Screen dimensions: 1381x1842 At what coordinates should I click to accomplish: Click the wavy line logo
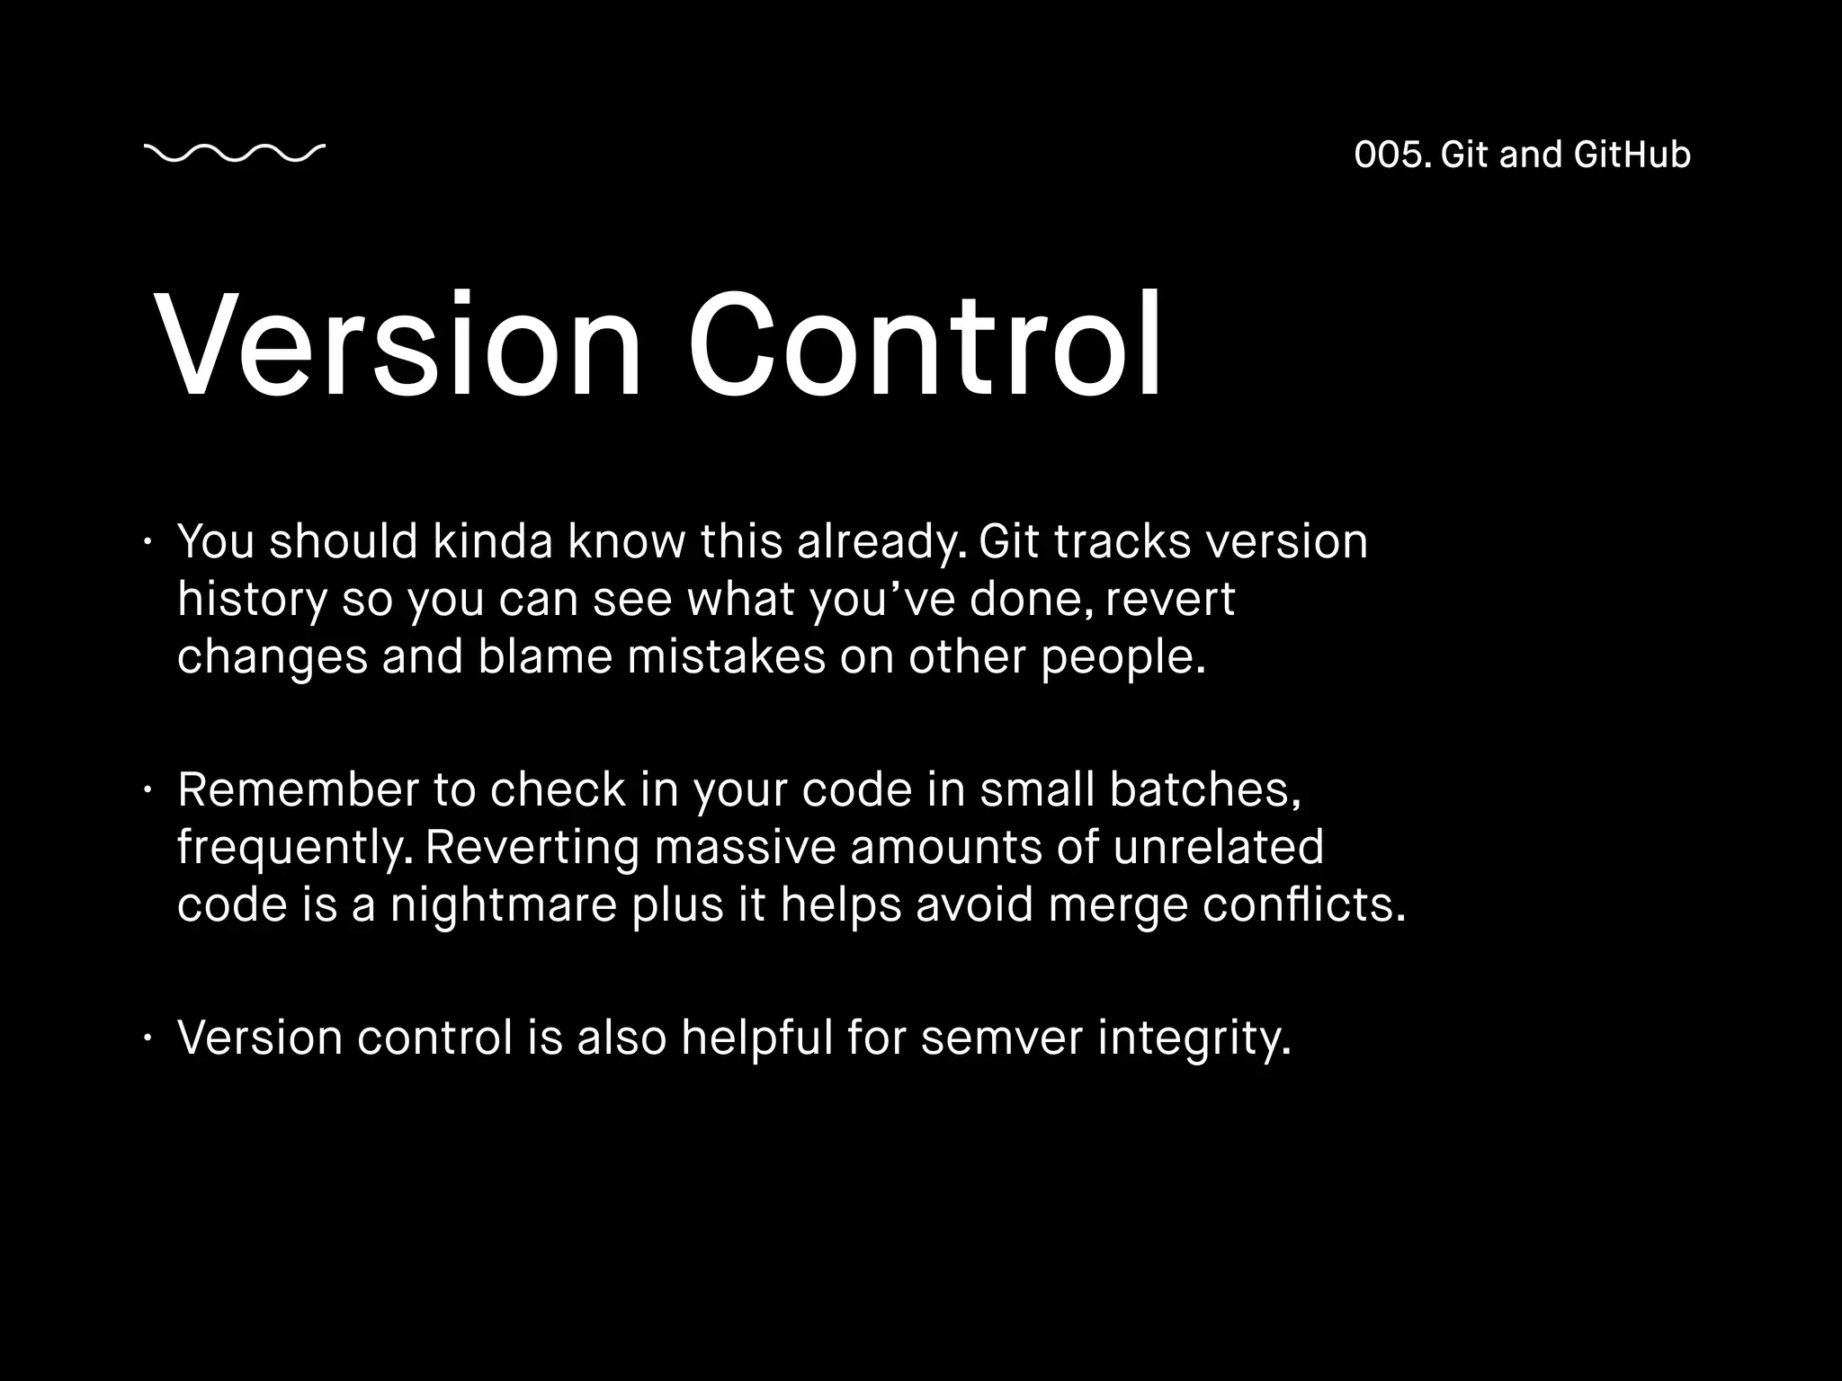[234, 154]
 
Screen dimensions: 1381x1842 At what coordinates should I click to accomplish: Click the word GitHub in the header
[1632, 155]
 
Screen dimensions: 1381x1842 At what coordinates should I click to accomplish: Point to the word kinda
[492, 541]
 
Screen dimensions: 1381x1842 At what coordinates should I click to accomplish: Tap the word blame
[545, 656]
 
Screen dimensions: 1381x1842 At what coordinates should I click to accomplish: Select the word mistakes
[726, 656]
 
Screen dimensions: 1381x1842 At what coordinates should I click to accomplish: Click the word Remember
[298, 789]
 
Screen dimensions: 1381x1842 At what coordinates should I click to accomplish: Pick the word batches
[1204, 789]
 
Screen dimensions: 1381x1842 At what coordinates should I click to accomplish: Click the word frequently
[295, 849]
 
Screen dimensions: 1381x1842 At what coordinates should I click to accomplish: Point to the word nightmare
[503, 904]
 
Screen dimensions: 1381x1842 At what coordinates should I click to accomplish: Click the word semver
[1001, 1038]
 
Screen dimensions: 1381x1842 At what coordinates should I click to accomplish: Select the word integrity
[1194, 1039]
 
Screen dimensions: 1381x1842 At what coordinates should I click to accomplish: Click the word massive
[745, 847]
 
